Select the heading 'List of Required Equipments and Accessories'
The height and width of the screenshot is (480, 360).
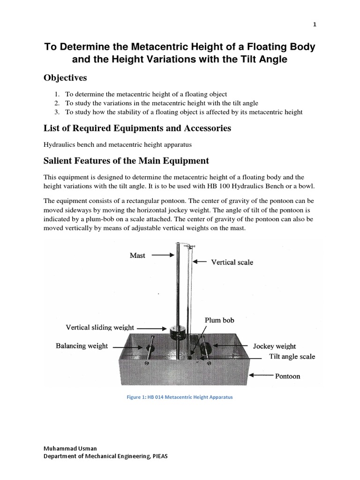pyautogui.click(x=137, y=128)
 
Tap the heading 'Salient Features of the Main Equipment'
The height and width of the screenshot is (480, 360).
pyautogui.click(x=126, y=161)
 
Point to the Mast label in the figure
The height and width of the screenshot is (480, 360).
pyautogui.click(x=137, y=255)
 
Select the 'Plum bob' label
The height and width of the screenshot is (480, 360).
pyautogui.click(x=219, y=320)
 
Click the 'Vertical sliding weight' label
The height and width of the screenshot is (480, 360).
pyautogui.click(x=100, y=327)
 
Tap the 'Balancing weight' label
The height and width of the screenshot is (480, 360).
pyautogui.click(x=82, y=346)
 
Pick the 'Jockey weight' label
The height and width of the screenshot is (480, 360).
pyautogui.click(x=274, y=346)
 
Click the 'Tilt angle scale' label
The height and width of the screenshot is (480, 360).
pyautogui.click(x=292, y=356)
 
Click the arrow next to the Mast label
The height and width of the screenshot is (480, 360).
pyautogui.click(x=163, y=255)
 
